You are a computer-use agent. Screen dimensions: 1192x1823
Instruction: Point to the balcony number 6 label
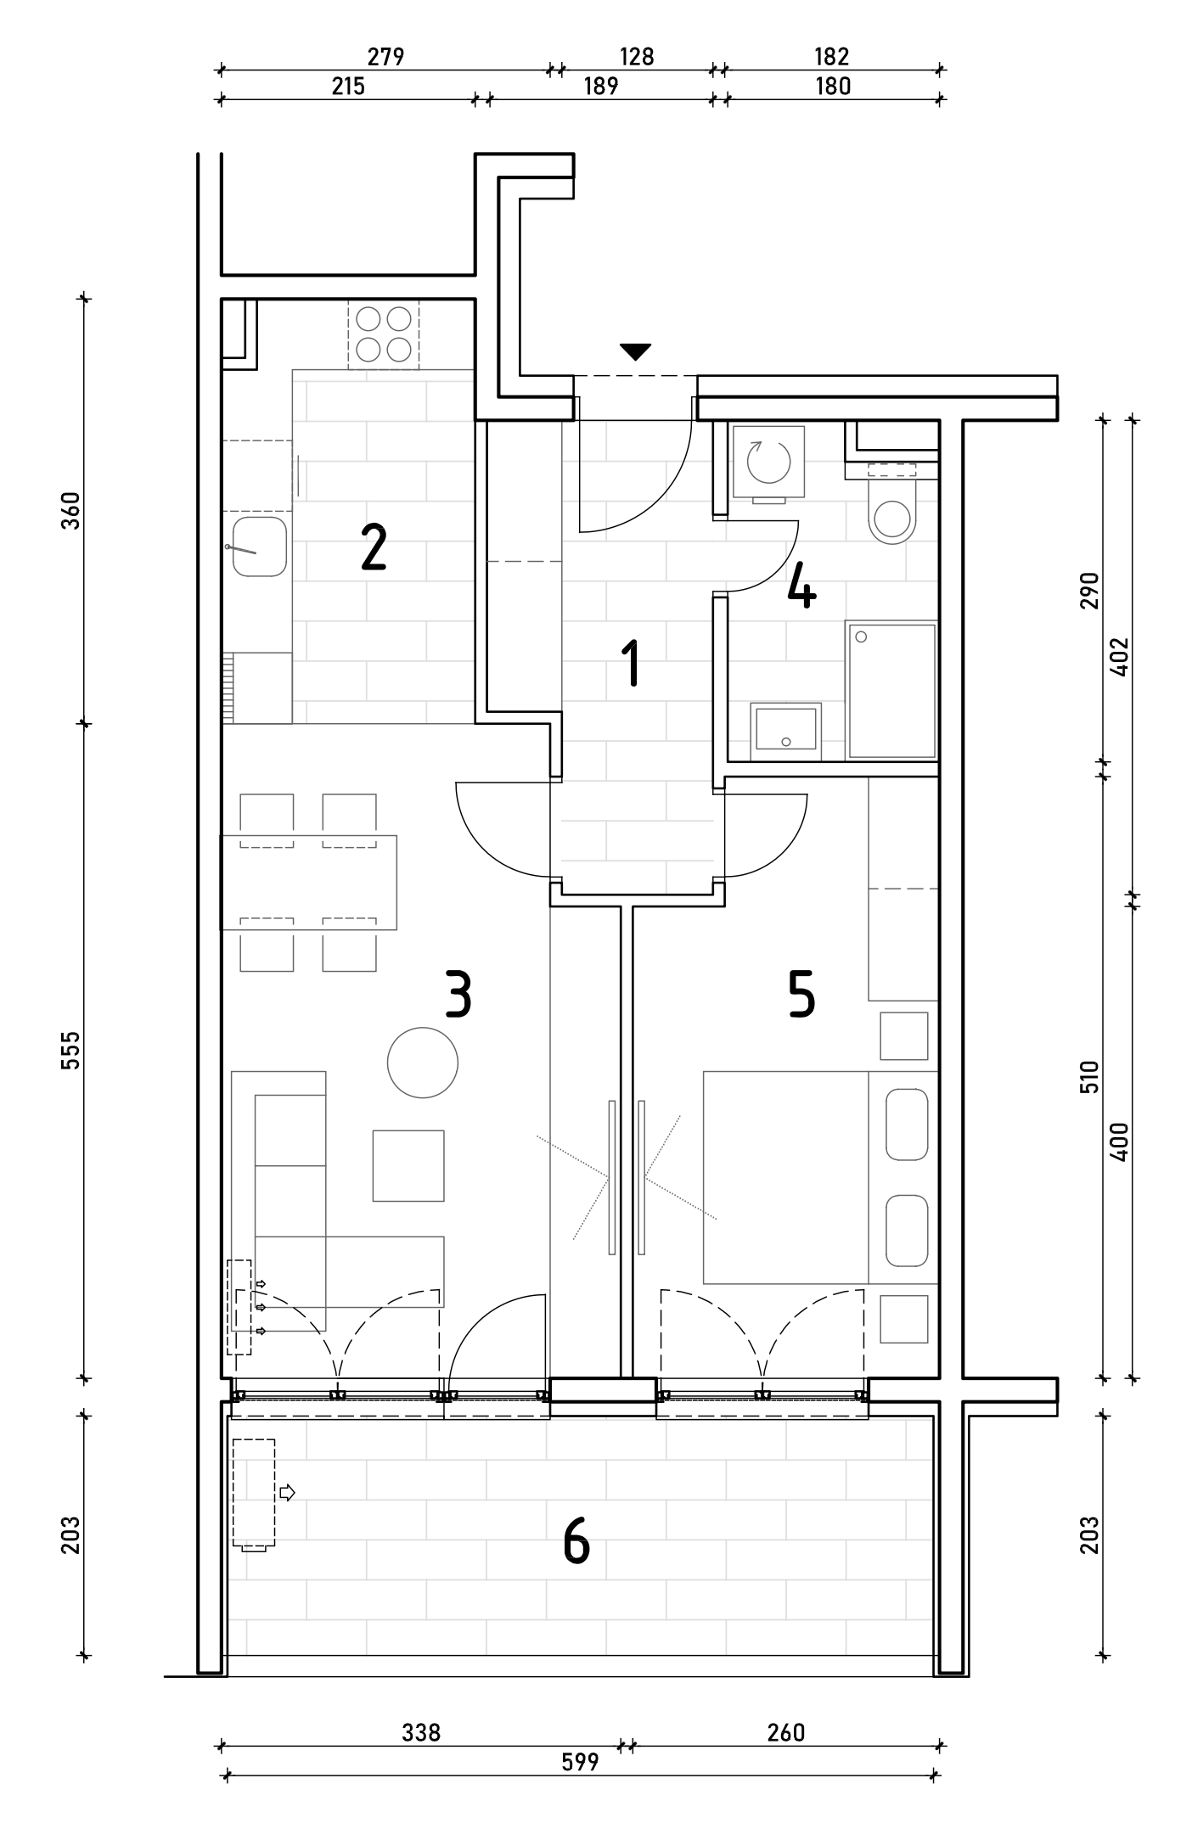[x=576, y=1541]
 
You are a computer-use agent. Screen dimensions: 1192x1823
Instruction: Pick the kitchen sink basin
[x=259, y=547]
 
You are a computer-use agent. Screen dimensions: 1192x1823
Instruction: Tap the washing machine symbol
[x=768, y=463]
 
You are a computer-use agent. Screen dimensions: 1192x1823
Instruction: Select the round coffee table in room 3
[x=423, y=1062]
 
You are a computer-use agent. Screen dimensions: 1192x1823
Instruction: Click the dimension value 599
[x=580, y=1762]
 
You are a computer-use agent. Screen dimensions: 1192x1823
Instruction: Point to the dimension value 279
[x=385, y=57]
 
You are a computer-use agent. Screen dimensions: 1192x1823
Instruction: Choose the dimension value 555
[x=71, y=1050]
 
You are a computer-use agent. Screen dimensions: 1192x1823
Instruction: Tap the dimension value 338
[x=421, y=1732]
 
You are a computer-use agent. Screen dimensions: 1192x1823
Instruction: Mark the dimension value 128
[x=637, y=57]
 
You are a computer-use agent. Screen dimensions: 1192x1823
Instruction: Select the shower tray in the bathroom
[x=891, y=691]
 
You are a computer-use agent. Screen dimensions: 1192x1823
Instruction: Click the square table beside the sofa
[x=408, y=1165]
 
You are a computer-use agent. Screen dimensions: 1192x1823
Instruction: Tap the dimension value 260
[x=785, y=1732]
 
